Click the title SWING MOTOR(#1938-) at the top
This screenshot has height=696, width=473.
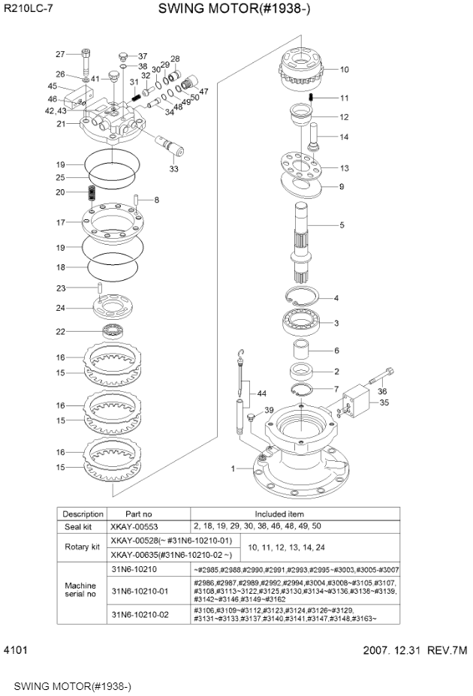point(234,9)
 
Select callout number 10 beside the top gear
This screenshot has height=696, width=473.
point(345,70)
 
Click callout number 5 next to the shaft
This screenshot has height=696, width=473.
point(342,224)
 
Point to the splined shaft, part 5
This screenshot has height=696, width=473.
point(307,240)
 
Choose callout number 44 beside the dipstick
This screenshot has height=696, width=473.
point(261,393)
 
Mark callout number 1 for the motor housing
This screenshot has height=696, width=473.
point(233,469)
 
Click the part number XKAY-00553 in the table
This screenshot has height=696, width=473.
point(135,526)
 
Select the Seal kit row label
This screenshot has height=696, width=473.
point(83,526)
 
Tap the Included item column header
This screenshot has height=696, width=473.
point(296,514)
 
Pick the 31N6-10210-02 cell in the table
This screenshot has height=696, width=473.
point(140,615)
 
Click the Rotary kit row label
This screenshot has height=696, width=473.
point(83,547)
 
